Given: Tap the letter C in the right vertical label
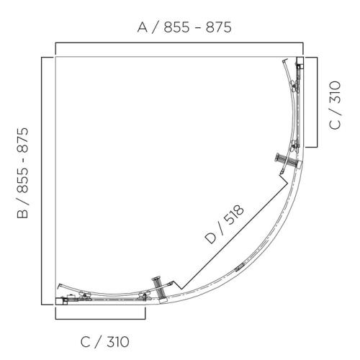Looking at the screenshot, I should tap(336, 124).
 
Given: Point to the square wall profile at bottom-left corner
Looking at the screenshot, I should tap(60, 301).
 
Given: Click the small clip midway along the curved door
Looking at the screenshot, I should tap(239, 269).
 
